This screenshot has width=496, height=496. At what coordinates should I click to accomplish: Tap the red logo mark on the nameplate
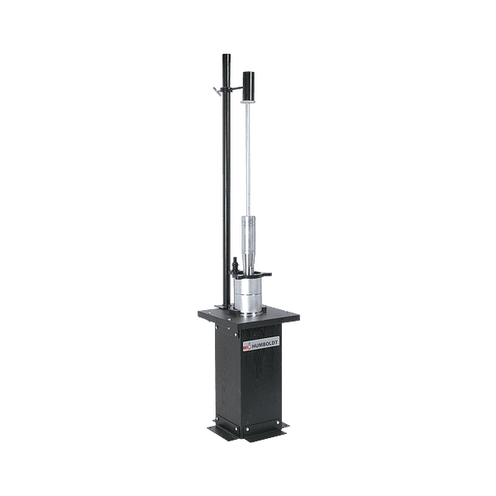coord(247,346)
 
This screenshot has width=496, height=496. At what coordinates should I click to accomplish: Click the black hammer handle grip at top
coord(248,85)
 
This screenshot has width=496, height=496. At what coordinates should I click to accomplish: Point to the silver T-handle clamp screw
coord(217,92)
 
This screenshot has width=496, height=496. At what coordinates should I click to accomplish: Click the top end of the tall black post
coord(227,55)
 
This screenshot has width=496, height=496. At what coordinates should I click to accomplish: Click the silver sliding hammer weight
coord(248,244)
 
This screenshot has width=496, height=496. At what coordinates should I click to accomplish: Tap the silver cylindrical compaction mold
coord(248,293)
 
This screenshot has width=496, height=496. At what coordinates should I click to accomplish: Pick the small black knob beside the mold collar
coord(235,265)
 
